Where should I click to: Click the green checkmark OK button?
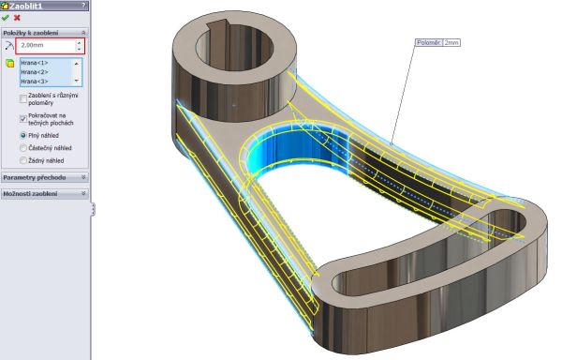coord(5,18)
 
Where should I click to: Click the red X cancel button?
coord(17,18)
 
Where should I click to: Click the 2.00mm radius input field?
coord(48,46)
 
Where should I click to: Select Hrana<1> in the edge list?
coord(35,63)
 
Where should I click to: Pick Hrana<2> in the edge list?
coord(35,72)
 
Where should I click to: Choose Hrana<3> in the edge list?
coord(35,82)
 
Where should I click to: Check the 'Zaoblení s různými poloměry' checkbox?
coord(23,98)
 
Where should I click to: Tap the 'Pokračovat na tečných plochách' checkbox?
coord(23,119)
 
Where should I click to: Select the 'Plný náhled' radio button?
coord(23,136)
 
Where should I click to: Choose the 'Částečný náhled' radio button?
coord(23,148)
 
